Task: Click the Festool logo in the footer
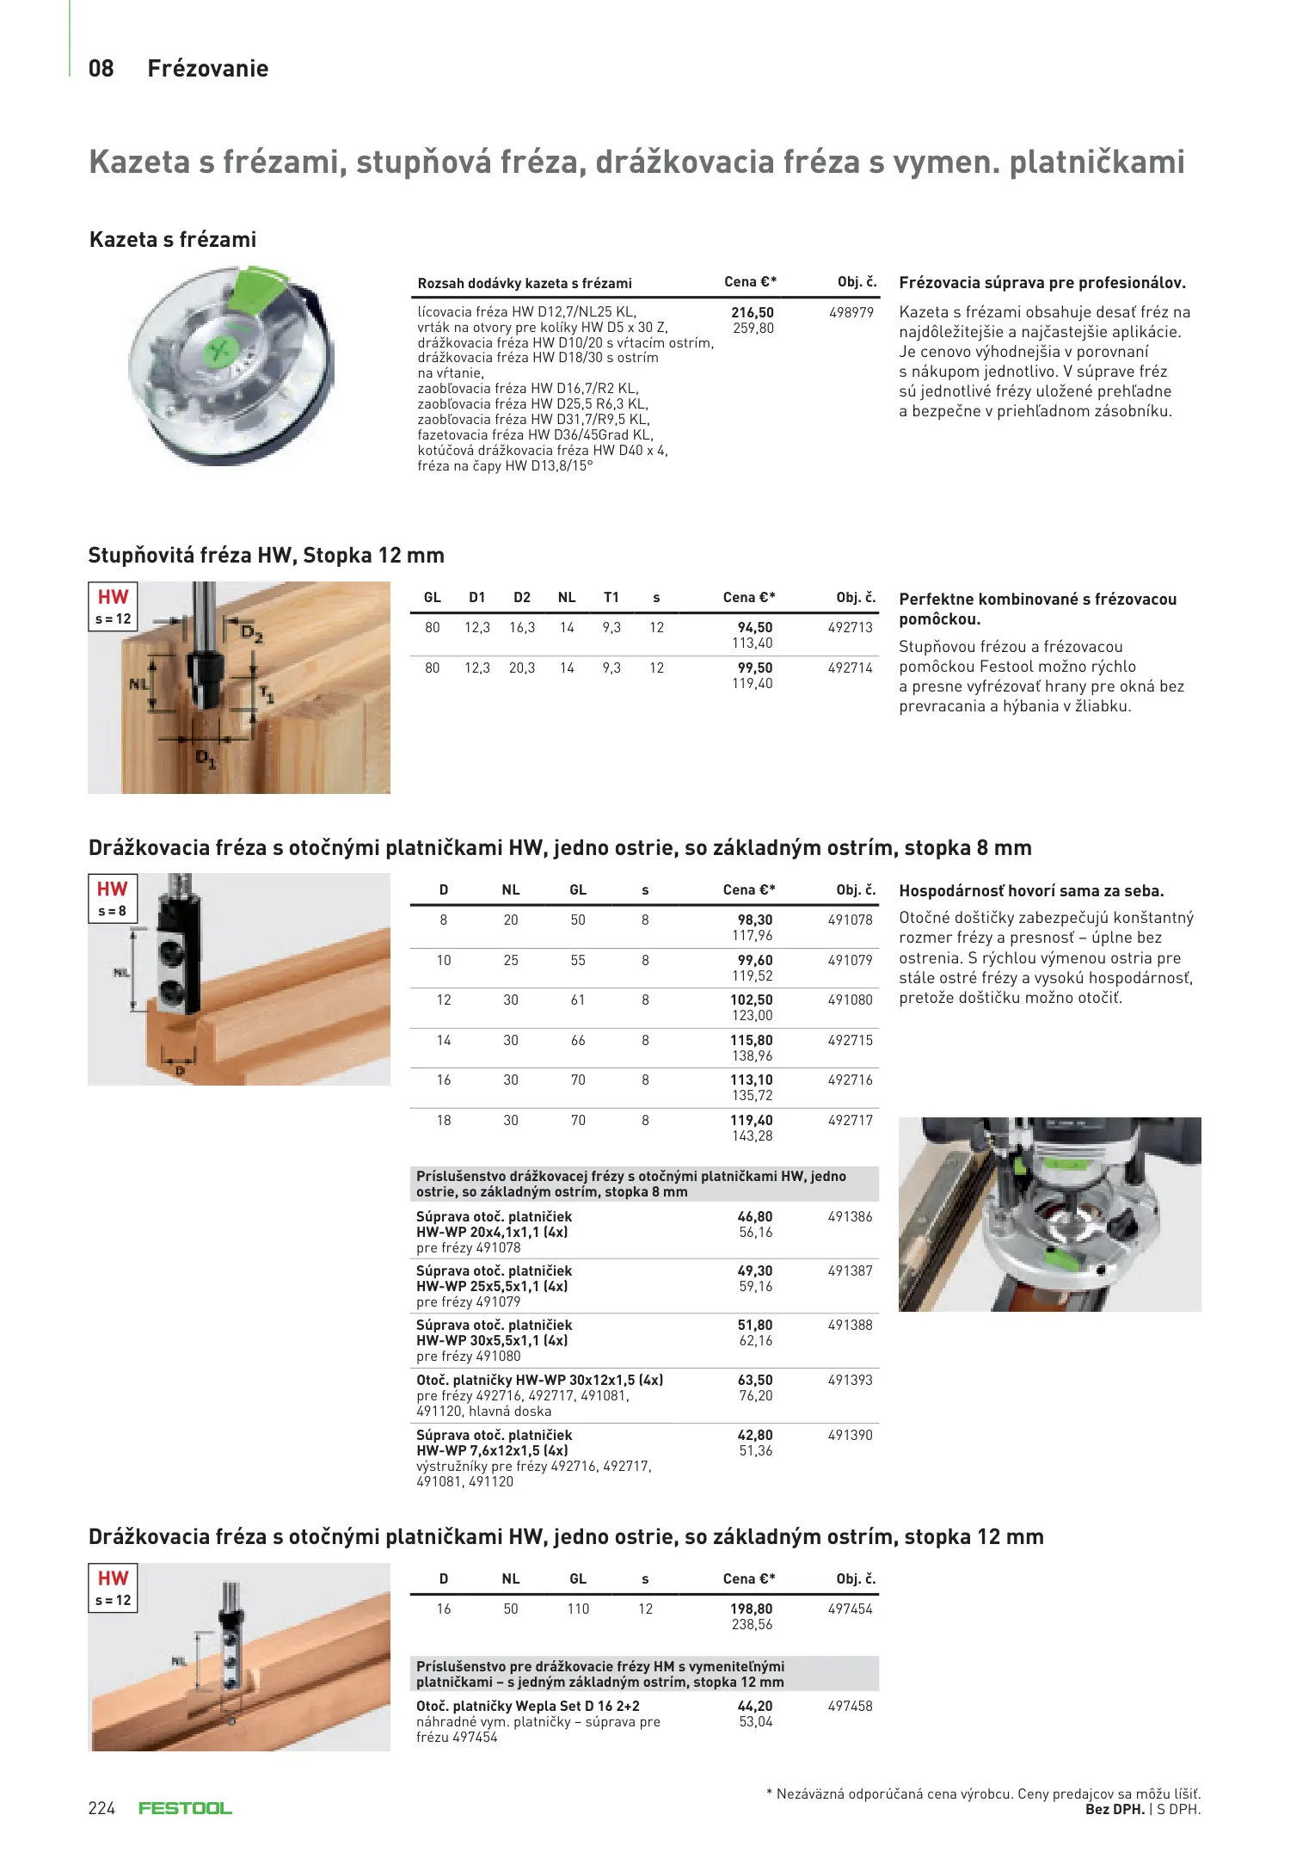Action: (185, 1808)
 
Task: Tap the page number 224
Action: (101, 1808)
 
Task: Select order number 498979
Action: (851, 312)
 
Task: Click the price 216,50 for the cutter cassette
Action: (753, 312)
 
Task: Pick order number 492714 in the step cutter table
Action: (850, 668)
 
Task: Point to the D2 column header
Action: (521, 597)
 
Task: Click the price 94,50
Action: (754, 627)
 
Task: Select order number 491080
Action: (850, 1000)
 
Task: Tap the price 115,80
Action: (752, 1040)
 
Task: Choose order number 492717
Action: (850, 1120)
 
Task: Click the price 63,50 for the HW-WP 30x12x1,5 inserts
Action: (754, 1380)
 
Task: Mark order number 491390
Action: (850, 1435)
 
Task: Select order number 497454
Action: (850, 1609)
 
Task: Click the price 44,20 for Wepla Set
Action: (754, 1706)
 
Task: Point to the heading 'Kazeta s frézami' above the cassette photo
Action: (173, 239)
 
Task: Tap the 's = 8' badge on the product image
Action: (112, 911)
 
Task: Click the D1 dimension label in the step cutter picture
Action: (206, 759)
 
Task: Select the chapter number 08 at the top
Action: (101, 69)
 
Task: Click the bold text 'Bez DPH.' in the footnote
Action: (1115, 1809)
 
